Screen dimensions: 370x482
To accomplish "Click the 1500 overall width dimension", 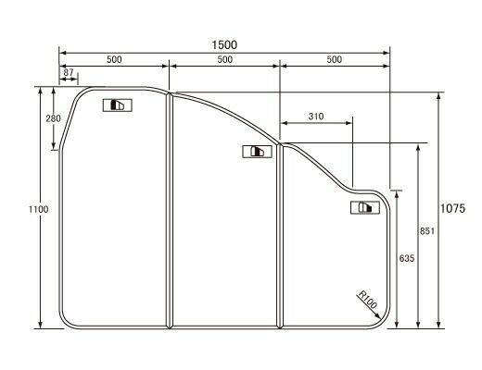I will (224, 43).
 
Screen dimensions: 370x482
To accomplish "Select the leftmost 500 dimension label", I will (114, 59).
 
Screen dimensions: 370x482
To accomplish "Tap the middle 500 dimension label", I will (224, 59).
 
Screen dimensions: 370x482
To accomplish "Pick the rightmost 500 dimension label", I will (335, 59).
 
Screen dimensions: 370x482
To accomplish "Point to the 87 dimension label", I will (69, 72).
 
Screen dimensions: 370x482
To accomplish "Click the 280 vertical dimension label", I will (52, 118).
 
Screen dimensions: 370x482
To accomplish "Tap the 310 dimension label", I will (316, 116).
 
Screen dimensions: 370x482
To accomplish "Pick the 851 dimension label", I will (427, 231).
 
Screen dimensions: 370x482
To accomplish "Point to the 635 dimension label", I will (406, 258).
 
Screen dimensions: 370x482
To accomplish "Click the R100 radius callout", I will (368, 300).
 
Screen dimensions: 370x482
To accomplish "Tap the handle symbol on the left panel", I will (118, 105).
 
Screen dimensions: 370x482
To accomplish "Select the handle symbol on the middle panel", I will (253, 152).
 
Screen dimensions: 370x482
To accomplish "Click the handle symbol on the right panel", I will (365, 208).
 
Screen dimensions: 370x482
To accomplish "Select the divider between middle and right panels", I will (280, 235).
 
